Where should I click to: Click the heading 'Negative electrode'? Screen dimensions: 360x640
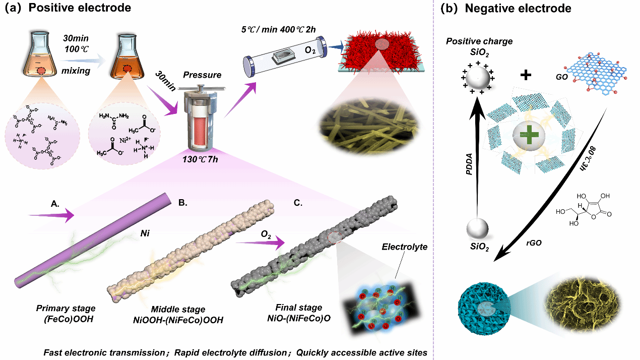coord(517,8)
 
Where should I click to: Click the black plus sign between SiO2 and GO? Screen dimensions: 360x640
coord(526,75)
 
